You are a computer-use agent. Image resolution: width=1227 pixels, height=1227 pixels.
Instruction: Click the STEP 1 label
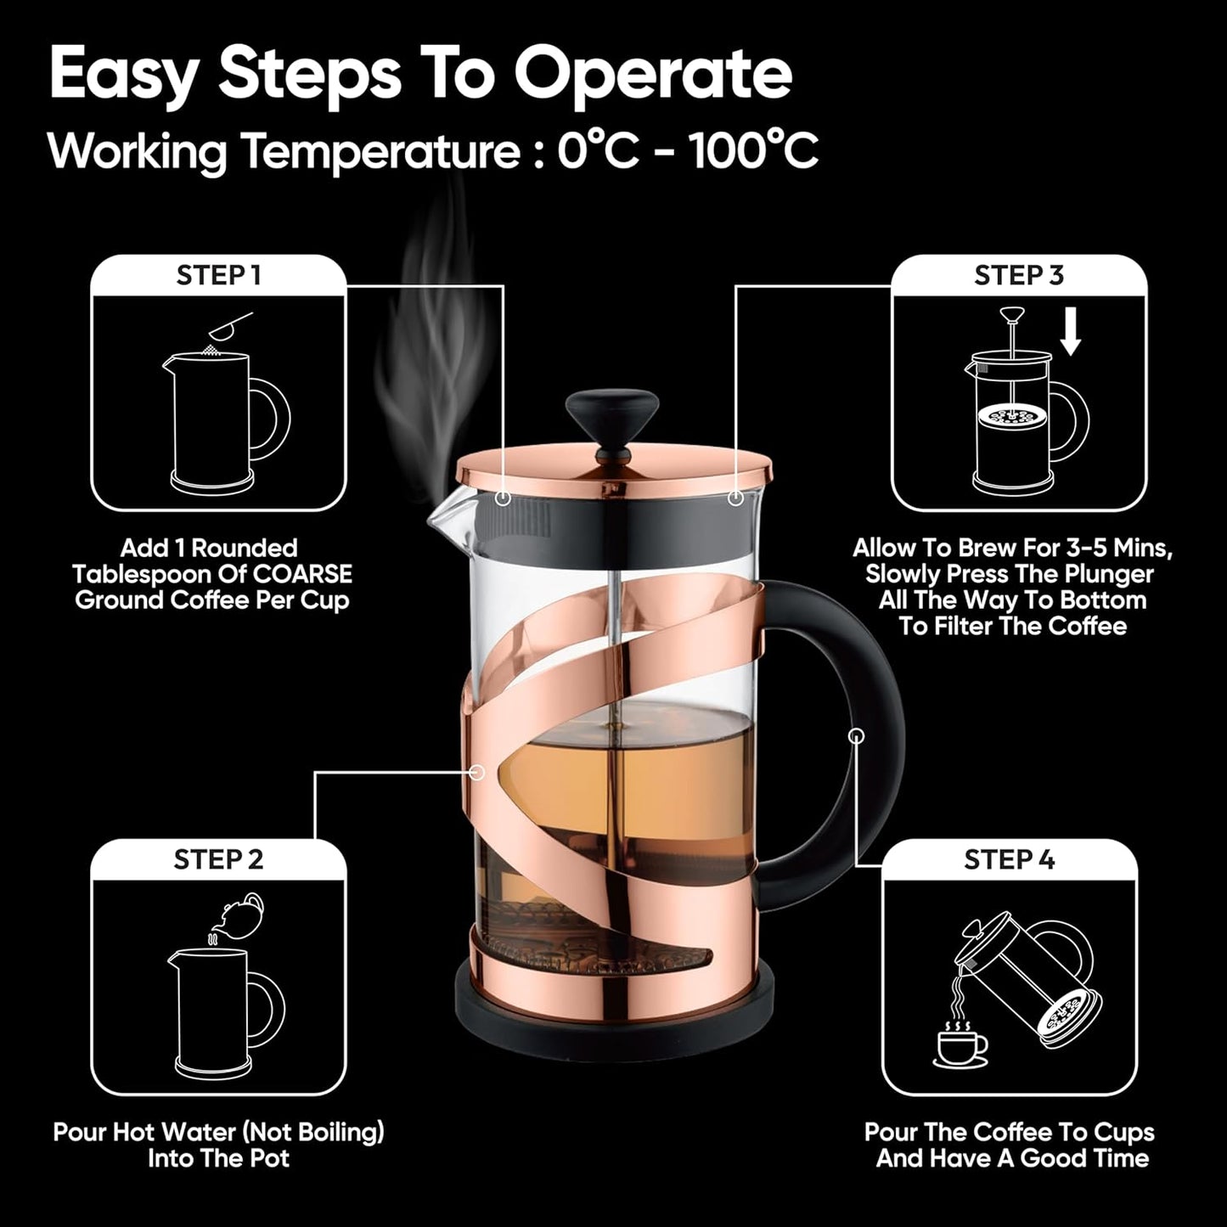click(x=218, y=276)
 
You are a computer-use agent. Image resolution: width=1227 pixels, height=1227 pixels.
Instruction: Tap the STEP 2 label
click(x=218, y=859)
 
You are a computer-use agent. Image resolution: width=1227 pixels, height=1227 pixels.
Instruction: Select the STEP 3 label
click(x=1018, y=276)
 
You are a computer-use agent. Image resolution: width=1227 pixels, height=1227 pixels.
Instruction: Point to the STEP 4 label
click(x=1009, y=859)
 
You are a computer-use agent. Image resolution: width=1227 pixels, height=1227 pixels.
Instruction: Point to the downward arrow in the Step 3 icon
click(x=1071, y=337)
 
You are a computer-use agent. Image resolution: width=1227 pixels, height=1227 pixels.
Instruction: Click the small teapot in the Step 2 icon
click(x=240, y=913)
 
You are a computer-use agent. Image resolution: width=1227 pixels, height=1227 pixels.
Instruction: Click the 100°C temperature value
click(x=753, y=153)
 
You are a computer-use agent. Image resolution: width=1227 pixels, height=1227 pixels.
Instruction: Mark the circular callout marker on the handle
click(x=857, y=735)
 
